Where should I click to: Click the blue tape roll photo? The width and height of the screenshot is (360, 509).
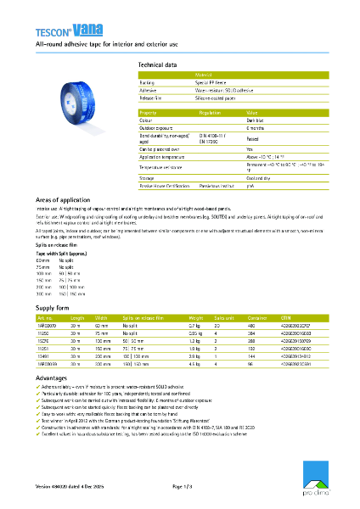(87, 101)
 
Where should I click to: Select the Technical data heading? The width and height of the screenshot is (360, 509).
(157, 64)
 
